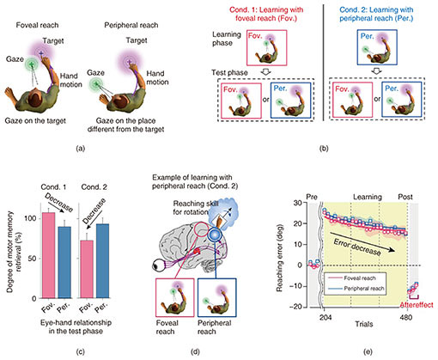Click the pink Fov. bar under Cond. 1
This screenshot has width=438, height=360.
coord(49,255)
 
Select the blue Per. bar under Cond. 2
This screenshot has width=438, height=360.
coord(102,261)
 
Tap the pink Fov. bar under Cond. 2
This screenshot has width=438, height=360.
coord(87,269)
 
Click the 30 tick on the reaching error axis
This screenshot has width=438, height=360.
coord(298,203)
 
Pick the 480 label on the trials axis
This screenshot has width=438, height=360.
coord(406,317)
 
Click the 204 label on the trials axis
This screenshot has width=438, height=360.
coord(325,317)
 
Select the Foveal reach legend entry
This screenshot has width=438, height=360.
coord(356,278)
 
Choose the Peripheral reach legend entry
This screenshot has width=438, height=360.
coord(356,289)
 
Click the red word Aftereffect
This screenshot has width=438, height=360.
coord(417,305)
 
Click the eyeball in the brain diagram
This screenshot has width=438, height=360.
coord(159,265)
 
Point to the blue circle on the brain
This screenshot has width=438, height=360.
coord(215,235)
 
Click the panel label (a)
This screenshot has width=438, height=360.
coord(81,149)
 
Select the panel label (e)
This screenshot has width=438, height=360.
coord(368,351)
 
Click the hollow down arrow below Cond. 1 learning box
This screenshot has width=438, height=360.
coord(266,71)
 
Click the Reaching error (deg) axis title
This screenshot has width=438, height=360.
coord(279,258)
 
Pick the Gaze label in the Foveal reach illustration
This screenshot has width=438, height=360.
coord(15,59)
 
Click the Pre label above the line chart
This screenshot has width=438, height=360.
coord(312,197)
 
